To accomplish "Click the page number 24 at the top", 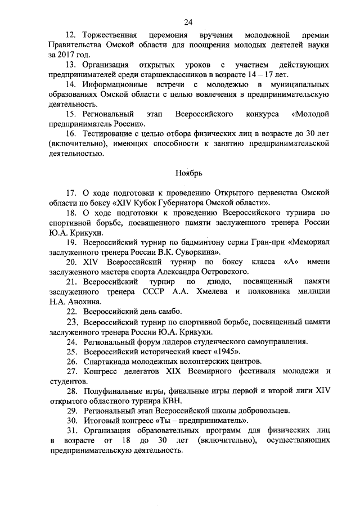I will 188,22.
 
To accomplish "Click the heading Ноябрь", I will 188,173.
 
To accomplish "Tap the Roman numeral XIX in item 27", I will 175,371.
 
